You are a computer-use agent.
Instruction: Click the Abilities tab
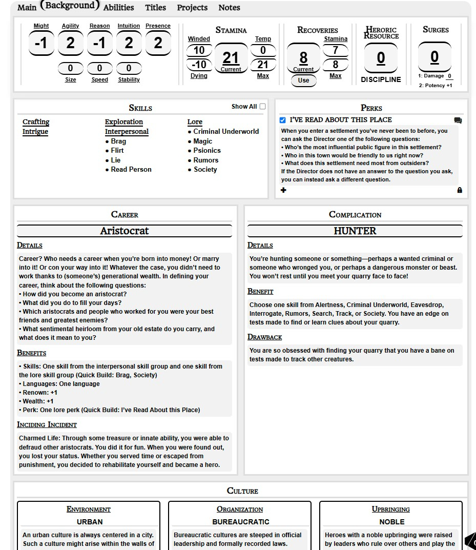coord(118,8)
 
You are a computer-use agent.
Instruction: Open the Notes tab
coord(229,8)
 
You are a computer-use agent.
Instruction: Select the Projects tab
coord(192,8)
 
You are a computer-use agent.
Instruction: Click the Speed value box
coord(99,68)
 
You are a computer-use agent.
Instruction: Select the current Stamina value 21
coord(231,58)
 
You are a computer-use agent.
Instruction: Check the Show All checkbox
coord(262,107)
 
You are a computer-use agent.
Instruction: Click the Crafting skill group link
coord(36,122)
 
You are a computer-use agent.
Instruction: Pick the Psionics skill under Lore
coord(207,151)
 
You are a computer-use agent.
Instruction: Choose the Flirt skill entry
coord(117,151)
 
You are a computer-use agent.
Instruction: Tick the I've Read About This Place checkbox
coord(283,120)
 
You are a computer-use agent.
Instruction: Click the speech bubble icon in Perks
coord(458,120)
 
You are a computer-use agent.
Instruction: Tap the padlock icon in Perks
coord(460,190)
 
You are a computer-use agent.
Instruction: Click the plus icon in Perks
coord(284,190)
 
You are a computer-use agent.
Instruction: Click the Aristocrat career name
coord(125,231)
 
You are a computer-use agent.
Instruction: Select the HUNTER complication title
coord(355,231)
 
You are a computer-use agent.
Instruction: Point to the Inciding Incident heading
coord(47,424)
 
